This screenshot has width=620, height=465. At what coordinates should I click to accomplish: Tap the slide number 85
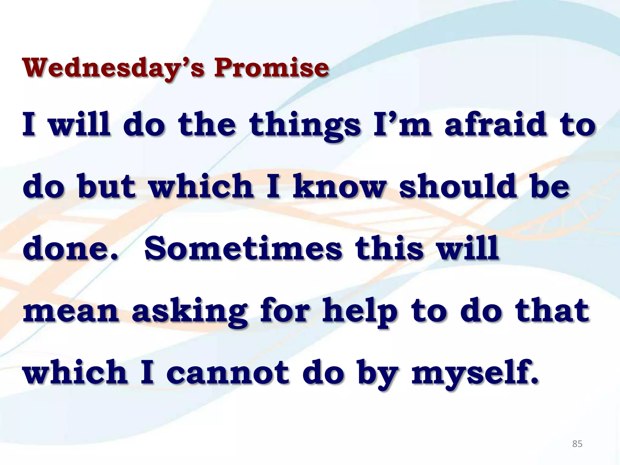click(577, 444)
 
